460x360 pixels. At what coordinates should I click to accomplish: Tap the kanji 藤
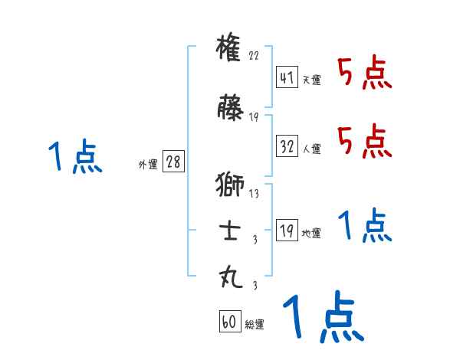pyautogui.click(x=230, y=109)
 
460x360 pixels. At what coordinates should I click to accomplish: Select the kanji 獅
pyautogui.click(x=230, y=185)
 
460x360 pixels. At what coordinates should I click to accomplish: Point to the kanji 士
pyautogui.click(x=230, y=231)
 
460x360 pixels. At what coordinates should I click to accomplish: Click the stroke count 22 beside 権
pyautogui.click(x=254, y=57)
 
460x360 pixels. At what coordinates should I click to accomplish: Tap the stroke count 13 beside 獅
pyautogui.click(x=254, y=193)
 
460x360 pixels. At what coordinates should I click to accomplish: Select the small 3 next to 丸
pyautogui.click(x=254, y=286)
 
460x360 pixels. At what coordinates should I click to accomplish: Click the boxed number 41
pyautogui.click(x=286, y=77)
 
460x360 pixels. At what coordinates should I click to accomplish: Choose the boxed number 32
pyautogui.click(x=286, y=146)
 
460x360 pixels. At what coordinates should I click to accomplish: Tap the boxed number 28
pyautogui.click(x=173, y=162)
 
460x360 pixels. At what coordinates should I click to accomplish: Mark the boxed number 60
pyautogui.click(x=228, y=322)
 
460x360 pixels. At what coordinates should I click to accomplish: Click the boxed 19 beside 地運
pyautogui.click(x=286, y=231)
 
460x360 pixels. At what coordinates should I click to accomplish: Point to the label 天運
pyautogui.click(x=311, y=80)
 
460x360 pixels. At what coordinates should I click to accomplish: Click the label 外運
pyautogui.click(x=147, y=164)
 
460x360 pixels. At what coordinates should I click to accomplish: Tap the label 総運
pyautogui.click(x=255, y=324)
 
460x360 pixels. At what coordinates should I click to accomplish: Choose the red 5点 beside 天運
pyautogui.click(x=365, y=74)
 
